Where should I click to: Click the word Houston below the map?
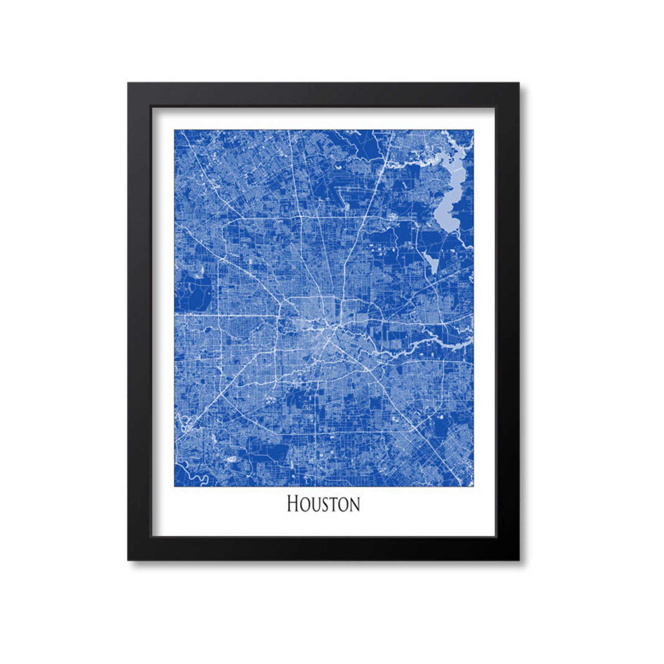(x=323, y=504)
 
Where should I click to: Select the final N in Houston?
(x=354, y=505)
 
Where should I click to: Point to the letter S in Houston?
(x=323, y=505)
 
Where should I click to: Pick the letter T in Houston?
(x=332, y=505)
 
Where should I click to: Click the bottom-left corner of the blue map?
(x=175, y=486)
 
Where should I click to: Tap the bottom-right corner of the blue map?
(x=473, y=486)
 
